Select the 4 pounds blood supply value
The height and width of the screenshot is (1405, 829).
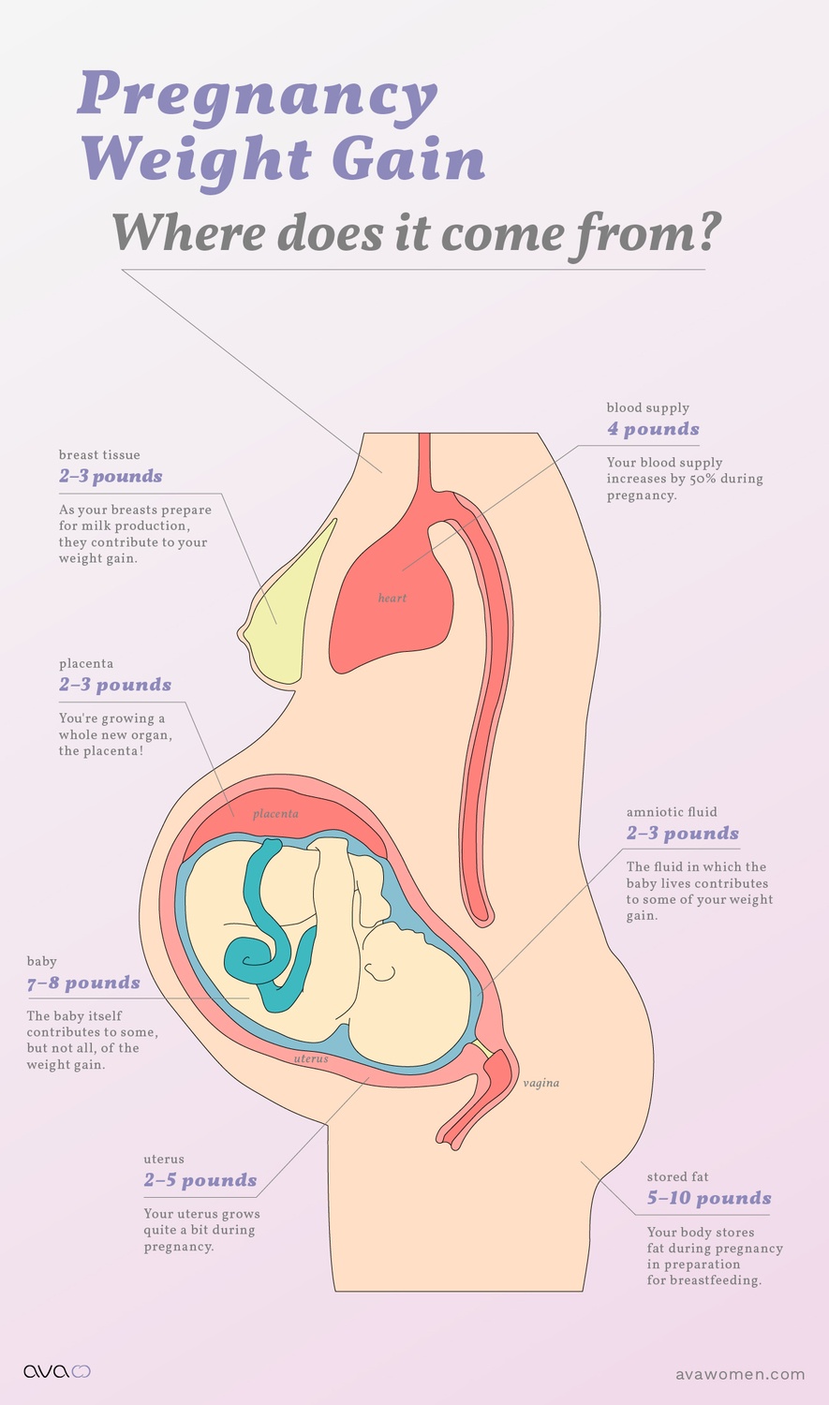point(653,429)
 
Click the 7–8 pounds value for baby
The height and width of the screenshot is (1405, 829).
point(83,983)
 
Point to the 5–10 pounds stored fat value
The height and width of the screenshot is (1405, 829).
point(709,1198)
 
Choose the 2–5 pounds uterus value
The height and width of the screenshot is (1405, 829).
point(200,1180)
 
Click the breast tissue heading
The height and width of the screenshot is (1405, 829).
point(99,455)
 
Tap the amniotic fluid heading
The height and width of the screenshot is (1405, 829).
point(672,812)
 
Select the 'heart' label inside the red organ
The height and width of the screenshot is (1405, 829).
point(392,598)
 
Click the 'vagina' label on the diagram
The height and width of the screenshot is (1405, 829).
point(541,1083)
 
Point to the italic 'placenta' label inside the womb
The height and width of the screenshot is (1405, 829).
point(275,814)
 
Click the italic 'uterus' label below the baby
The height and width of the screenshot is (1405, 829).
point(311,1058)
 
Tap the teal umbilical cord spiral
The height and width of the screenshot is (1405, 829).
point(251,955)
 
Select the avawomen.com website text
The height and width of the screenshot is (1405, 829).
point(740,1374)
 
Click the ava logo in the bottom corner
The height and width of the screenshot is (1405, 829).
point(56,1371)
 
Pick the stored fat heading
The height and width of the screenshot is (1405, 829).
point(677,1176)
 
